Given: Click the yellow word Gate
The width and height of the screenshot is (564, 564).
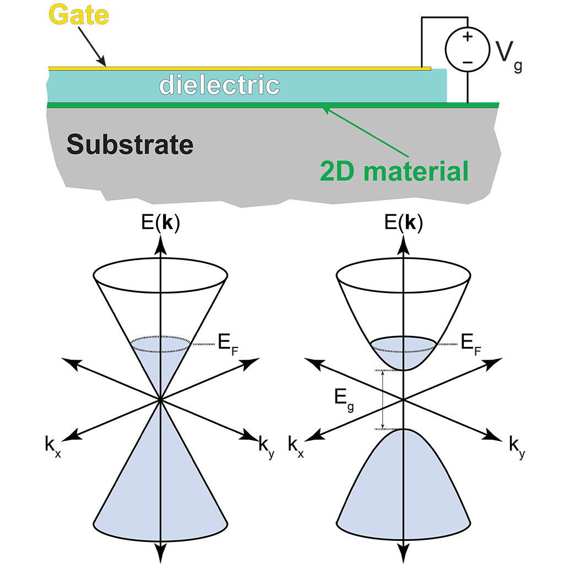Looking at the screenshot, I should [78, 15].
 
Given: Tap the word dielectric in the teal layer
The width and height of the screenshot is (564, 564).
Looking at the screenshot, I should [219, 85].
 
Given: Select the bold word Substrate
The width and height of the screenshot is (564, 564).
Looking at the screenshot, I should [130, 144].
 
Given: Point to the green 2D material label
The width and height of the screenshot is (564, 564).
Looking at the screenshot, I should [394, 171].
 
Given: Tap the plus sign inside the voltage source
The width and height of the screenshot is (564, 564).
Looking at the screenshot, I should [467, 37].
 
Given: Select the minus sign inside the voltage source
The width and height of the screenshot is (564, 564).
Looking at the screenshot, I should [467, 62].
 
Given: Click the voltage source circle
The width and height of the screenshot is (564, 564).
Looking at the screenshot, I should [467, 50].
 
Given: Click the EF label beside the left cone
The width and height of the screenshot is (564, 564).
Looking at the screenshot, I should [228, 345].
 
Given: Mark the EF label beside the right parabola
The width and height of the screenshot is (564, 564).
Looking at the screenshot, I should [471, 345].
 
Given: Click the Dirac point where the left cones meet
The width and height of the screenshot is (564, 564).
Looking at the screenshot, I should [160, 399].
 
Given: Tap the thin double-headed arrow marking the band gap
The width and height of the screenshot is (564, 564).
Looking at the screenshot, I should [382, 400].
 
